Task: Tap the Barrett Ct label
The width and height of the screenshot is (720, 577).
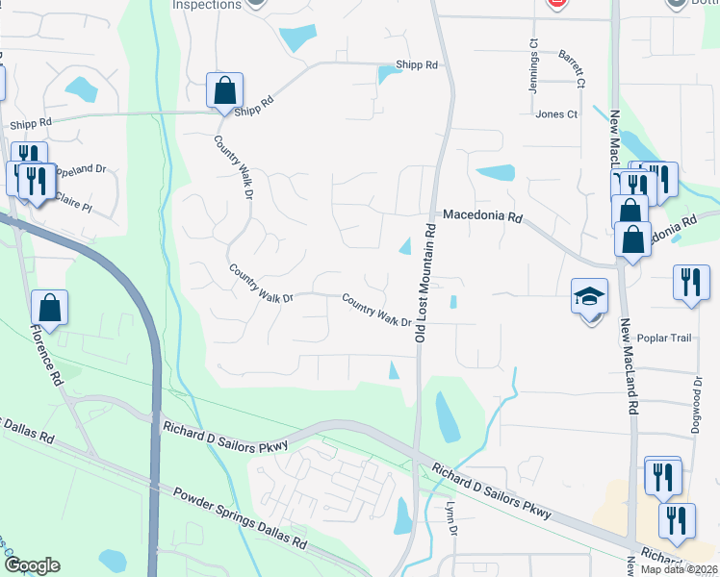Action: (x=573, y=68)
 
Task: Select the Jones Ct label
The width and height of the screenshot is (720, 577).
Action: (x=556, y=114)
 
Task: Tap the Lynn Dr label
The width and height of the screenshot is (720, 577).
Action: (x=450, y=522)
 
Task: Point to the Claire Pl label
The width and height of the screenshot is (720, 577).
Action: (x=71, y=206)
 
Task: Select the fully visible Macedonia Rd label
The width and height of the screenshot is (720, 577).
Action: (x=481, y=217)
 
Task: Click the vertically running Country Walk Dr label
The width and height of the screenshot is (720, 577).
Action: (x=232, y=166)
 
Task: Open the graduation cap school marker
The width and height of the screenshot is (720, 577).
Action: (x=589, y=297)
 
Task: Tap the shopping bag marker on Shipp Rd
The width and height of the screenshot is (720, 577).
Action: (x=224, y=91)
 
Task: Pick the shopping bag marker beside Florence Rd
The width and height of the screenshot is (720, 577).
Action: (x=50, y=308)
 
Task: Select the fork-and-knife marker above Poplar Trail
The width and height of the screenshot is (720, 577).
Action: (x=690, y=282)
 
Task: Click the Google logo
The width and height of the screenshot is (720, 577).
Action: (x=32, y=566)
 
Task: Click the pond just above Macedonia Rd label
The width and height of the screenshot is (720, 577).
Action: (x=496, y=173)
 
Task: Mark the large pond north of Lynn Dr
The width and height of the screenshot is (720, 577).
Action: (x=447, y=414)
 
